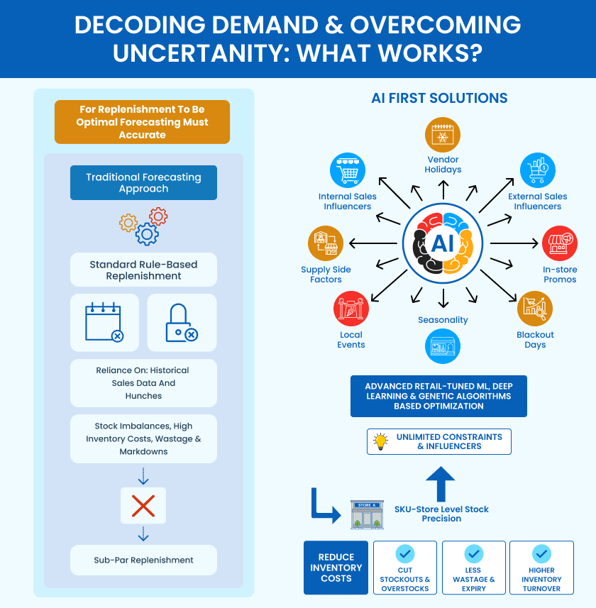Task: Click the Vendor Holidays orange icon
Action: [x=443, y=136]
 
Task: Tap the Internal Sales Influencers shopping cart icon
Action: [x=348, y=170]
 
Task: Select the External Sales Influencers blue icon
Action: [x=537, y=170]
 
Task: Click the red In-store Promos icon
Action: [x=560, y=244]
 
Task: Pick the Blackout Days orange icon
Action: [x=535, y=308]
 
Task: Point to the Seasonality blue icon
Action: [x=443, y=348]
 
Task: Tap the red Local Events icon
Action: [x=351, y=309]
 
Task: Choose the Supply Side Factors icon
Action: [x=326, y=243]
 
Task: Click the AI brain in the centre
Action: [x=443, y=243]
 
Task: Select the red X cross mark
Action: [x=143, y=506]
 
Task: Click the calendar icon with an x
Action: [x=104, y=323]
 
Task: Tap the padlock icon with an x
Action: [x=181, y=323]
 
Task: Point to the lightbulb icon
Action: [x=381, y=441]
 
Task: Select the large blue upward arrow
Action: [x=441, y=483]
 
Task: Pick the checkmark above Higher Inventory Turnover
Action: [x=541, y=553]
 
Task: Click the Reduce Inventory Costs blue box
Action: [x=336, y=568]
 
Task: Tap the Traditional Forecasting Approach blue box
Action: [x=143, y=183]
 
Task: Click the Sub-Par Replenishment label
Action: [x=143, y=560]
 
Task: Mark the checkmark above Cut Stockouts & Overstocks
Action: [x=405, y=553]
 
